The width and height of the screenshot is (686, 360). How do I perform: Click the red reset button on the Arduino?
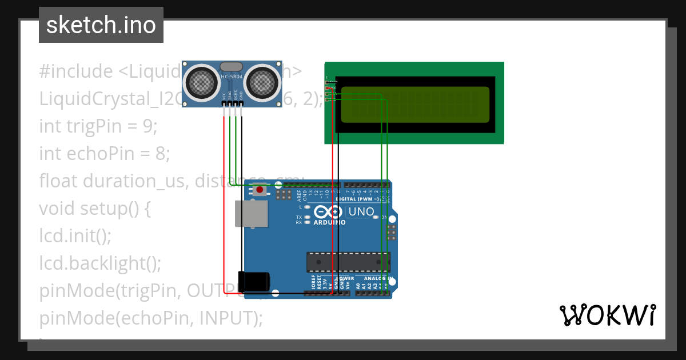click(260, 190)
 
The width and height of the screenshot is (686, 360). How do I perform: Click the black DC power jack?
click(254, 281)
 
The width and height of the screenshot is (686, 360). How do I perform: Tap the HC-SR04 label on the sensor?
click(231, 77)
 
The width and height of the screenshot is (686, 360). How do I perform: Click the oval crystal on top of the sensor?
click(231, 67)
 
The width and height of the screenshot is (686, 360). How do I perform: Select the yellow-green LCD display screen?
click(416, 104)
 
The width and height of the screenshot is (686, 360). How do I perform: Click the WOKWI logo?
click(607, 315)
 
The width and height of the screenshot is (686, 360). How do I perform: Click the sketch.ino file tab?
click(101, 25)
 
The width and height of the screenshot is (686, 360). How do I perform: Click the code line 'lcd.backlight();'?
click(100, 263)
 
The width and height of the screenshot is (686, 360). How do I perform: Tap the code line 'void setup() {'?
click(95, 208)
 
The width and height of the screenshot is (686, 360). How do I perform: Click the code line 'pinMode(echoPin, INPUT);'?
click(151, 318)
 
